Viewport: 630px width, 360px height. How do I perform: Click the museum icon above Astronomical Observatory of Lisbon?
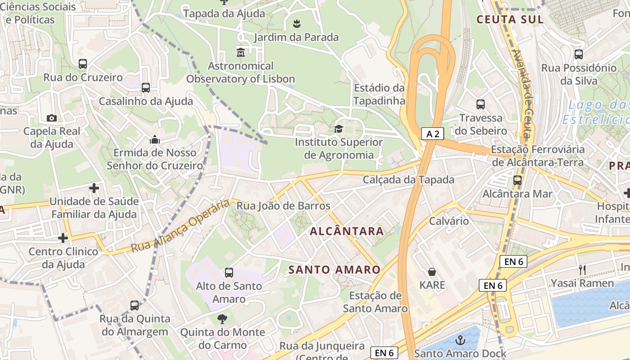240,52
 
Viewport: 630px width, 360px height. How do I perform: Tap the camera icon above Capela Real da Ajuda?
52,118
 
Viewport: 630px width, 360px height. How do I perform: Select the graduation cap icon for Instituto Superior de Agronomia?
338,129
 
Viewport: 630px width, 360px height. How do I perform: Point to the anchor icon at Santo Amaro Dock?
460,340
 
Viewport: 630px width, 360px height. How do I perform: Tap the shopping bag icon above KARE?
432,272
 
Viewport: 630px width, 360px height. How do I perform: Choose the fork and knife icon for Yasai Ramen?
582,270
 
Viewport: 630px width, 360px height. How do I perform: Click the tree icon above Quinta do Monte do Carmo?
222,319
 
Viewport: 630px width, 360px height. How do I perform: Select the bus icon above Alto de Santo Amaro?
229,272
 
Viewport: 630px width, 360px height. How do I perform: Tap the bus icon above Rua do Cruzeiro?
83,64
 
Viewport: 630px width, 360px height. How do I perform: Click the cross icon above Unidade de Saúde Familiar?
94,188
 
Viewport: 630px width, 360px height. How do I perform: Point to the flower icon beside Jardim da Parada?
296,23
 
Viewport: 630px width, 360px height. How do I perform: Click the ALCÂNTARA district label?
347,231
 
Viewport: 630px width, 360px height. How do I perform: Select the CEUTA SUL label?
510,19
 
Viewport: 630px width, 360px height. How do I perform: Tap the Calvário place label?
449,221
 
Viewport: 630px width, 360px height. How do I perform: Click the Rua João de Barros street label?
283,206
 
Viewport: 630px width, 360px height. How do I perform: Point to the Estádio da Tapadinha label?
379,94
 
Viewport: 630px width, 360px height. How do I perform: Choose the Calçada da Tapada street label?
409,180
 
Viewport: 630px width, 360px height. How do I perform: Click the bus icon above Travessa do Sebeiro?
481,104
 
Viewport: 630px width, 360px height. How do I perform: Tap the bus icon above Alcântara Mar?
517,180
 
